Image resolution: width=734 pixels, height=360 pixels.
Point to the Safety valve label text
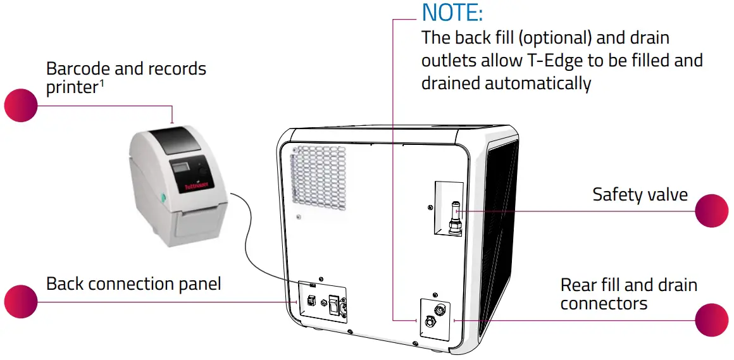tap(640, 194)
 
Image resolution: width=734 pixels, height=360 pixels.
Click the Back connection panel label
tap(134, 283)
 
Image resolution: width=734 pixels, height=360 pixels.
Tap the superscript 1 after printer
tap(101, 83)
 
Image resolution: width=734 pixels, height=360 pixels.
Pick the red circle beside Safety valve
tap(712, 210)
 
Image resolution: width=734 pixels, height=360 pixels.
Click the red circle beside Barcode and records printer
tap(21, 105)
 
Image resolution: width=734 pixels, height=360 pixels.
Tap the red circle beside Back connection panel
tap(21, 301)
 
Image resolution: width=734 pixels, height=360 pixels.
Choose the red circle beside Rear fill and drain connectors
tap(712, 320)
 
